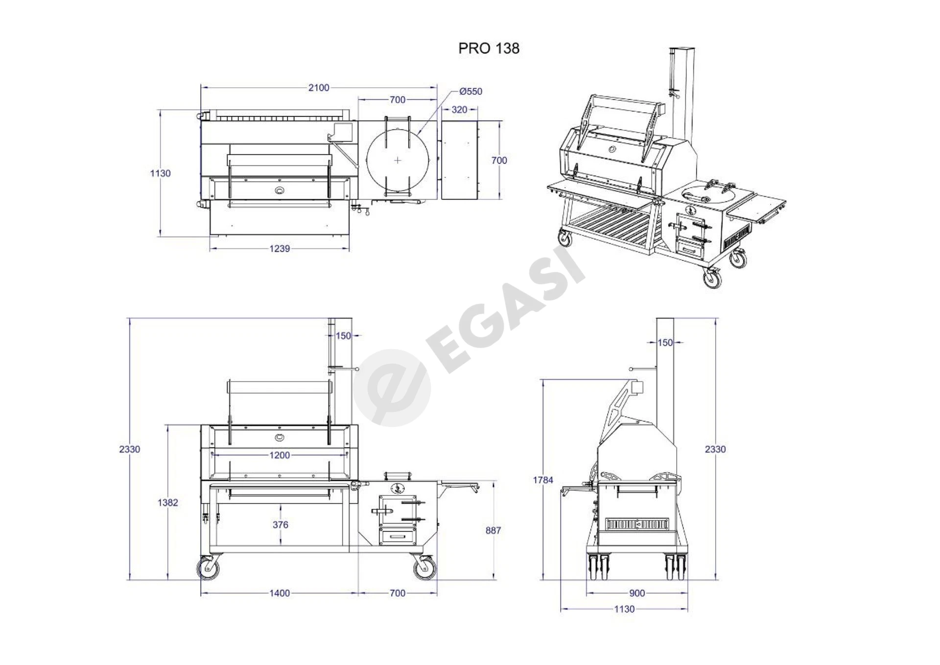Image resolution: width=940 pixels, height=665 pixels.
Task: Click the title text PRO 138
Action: pos(489,48)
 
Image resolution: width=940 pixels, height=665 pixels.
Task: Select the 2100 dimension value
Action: pos(319,88)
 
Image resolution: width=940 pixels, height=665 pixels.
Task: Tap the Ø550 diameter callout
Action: pos(470,91)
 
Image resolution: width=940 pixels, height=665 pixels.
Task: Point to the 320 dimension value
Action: pos(459,110)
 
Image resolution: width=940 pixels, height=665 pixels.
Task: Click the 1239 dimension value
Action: pos(280,249)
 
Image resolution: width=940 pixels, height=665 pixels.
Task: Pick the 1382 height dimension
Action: pos(168,502)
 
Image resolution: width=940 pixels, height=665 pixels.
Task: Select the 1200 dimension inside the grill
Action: pos(280,455)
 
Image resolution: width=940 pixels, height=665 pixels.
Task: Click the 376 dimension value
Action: pos(281,525)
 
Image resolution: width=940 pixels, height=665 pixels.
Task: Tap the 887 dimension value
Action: pos(493,530)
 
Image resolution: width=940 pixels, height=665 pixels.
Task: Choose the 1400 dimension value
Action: pos(280,594)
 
